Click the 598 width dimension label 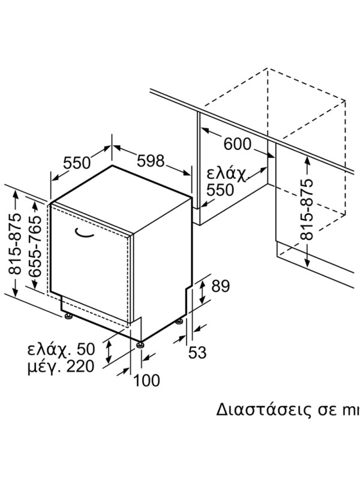click(151, 161)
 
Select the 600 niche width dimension click(237, 144)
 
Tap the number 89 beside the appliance click(220, 287)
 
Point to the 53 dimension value click(197, 352)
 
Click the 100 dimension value click(146, 380)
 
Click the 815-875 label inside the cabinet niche click(307, 209)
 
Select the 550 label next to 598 click(77, 163)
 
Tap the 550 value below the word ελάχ click(220, 190)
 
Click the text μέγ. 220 click(61, 367)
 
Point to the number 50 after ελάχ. click(86, 349)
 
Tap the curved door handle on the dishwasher click(84, 233)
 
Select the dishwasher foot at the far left click(68, 316)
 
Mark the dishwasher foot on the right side click(179, 322)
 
